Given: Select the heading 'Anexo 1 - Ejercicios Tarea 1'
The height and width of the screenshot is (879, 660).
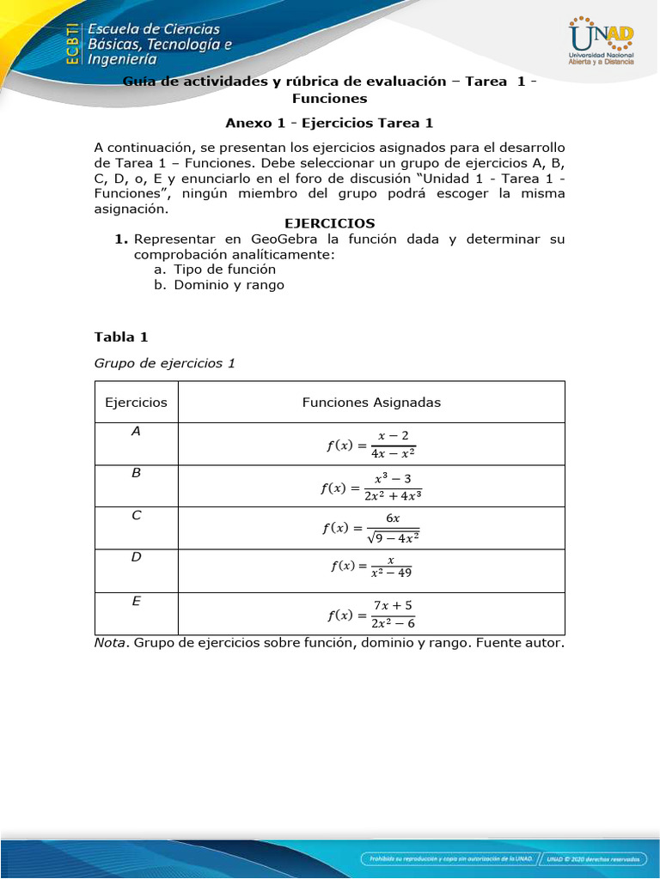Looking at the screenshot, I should (329, 123).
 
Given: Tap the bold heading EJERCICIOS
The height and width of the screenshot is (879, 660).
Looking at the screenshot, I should (329, 223).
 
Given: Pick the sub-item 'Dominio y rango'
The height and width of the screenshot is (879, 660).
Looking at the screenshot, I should (229, 285).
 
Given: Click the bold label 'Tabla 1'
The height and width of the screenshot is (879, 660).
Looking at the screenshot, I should (121, 336).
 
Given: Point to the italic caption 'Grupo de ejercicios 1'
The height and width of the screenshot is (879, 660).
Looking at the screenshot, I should (164, 363).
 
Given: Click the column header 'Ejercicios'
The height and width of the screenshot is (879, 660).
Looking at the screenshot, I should (136, 402).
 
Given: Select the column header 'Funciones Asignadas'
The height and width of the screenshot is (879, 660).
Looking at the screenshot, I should (371, 402).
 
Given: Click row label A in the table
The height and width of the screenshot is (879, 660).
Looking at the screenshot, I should (136, 432).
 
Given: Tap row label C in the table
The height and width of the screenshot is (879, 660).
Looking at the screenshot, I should (136, 516).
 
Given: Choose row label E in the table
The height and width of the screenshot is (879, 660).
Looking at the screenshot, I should (136, 602).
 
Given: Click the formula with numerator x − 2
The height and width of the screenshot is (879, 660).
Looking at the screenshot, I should (371, 445).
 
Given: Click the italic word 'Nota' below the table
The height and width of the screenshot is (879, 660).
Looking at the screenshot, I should (111, 642).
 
